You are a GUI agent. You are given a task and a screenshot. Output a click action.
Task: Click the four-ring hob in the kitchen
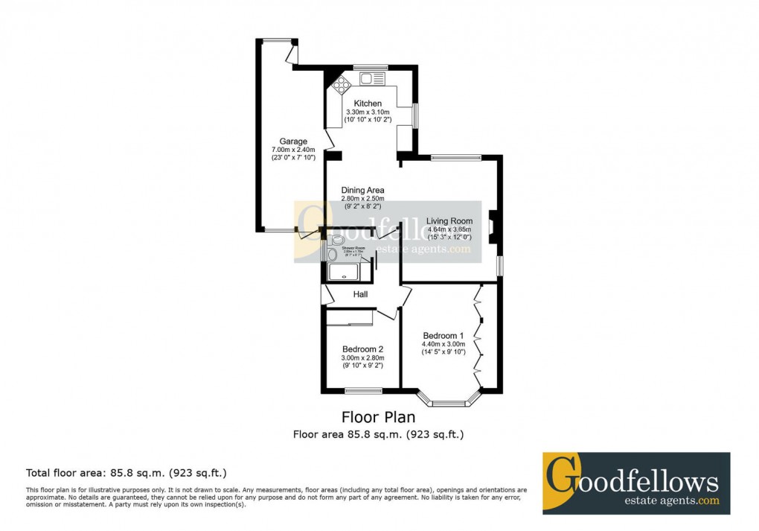[x=339, y=83]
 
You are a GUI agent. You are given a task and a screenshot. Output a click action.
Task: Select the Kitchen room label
[x=368, y=104]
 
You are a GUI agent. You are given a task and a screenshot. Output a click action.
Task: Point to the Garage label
[x=293, y=142]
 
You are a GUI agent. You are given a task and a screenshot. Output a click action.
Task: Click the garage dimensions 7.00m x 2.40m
[x=293, y=150]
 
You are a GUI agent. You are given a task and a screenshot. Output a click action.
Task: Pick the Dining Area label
[x=362, y=191]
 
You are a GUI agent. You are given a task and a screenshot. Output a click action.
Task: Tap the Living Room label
[x=449, y=221]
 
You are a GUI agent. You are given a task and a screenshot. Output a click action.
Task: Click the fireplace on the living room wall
[x=492, y=228]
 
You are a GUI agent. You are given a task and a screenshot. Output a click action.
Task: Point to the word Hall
[x=361, y=295]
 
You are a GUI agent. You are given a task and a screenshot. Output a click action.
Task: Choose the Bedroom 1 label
[x=443, y=335]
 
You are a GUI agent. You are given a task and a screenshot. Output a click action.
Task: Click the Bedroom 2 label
[x=362, y=349]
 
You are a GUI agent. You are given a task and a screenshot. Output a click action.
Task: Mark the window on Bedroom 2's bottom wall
[x=363, y=391]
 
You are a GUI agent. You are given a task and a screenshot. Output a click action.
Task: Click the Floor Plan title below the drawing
[x=378, y=418]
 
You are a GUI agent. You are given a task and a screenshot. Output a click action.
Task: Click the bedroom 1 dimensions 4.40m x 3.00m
[x=443, y=344]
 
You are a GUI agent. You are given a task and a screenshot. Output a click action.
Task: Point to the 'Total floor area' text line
[x=126, y=472]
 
